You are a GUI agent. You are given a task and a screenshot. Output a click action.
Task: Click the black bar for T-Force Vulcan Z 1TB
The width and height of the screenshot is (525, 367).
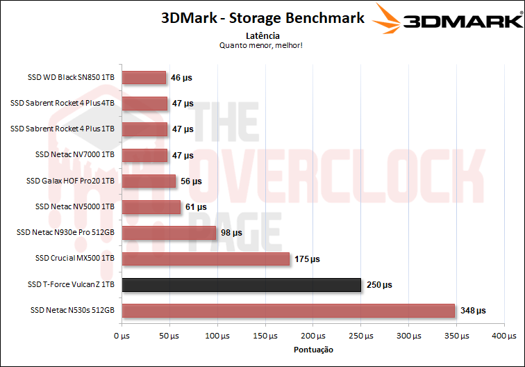(x=242, y=285)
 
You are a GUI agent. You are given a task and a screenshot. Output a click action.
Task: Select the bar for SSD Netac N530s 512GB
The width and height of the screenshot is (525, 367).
(x=288, y=311)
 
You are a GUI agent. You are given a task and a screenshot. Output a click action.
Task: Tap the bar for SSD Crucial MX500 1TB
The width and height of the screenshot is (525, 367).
(x=206, y=259)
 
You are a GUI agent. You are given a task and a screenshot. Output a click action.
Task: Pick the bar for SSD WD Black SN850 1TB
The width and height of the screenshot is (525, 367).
(x=144, y=78)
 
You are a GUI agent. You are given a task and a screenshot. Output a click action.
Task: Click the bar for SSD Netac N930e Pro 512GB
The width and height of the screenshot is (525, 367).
(x=169, y=233)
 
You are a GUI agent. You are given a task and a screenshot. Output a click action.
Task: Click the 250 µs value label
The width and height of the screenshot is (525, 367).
(x=378, y=285)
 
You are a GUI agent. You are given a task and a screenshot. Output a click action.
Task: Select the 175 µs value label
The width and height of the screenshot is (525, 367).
(x=306, y=259)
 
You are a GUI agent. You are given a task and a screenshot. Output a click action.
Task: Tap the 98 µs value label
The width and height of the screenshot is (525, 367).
(x=232, y=233)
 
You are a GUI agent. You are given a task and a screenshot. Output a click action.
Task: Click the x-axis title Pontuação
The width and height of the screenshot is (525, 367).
(x=313, y=350)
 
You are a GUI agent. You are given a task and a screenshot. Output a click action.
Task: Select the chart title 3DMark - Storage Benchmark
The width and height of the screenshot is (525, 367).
(x=262, y=18)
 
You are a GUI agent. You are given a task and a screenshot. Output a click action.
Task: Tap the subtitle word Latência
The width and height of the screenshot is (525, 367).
(x=263, y=35)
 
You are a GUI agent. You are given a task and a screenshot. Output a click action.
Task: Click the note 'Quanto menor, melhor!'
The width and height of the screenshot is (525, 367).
(x=262, y=45)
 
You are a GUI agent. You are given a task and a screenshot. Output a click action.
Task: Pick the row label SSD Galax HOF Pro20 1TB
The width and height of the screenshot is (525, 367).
(x=70, y=181)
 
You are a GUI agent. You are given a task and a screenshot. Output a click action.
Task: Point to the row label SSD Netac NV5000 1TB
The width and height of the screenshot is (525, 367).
(x=74, y=207)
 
